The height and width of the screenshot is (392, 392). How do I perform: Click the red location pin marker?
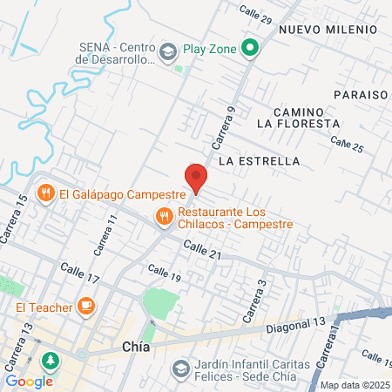[x=197, y=178]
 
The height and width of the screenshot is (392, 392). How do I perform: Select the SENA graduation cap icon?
[x=166, y=54]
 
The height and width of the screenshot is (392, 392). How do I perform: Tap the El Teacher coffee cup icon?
[x=85, y=305]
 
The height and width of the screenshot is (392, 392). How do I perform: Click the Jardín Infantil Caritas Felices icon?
[x=180, y=369]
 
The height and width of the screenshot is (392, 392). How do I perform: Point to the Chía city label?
[x=133, y=348]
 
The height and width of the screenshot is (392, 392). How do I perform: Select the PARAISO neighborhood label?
[x=361, y=94]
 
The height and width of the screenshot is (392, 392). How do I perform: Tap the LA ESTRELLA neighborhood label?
[x=260, y=161]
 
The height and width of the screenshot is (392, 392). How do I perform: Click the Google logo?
[x=29, y=381]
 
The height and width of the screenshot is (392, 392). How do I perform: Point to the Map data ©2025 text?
[x=354, y=385]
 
